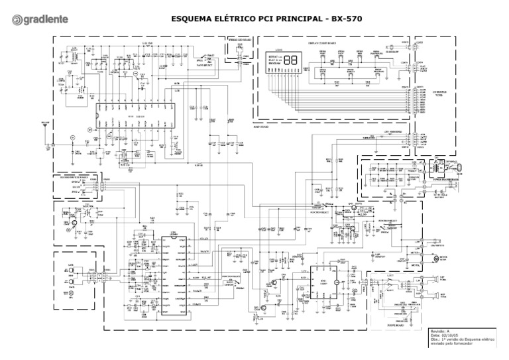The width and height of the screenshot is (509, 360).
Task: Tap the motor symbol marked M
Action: pos(435,260)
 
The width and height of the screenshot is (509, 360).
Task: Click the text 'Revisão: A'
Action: pos(441,330)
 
